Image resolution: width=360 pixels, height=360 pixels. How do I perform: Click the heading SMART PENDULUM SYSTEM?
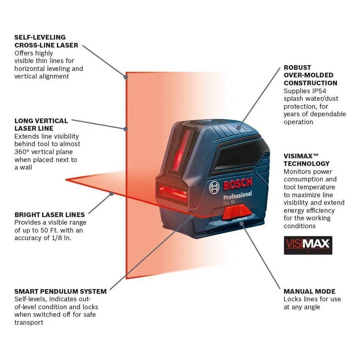[x=60, y=291]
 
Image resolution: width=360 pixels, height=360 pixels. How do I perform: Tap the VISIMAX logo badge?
[x=308, y=245]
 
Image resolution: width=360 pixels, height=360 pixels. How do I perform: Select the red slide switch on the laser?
[x=236, y=212]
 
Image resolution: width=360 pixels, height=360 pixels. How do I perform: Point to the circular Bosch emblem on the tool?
[x=214, y=188]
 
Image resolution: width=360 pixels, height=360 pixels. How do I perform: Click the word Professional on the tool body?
[x=238, y=195]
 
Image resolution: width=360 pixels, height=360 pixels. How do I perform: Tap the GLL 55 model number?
[x=229, y=202]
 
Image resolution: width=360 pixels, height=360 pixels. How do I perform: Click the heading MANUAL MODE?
[x=309, y=291]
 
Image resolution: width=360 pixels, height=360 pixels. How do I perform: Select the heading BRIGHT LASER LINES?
[x=50, y=215]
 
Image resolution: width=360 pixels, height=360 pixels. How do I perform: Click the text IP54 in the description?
[x=319, y=91]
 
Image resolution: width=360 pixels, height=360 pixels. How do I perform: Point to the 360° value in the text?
[x=21, y=152]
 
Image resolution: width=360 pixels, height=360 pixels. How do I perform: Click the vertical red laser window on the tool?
[x=180, y=151]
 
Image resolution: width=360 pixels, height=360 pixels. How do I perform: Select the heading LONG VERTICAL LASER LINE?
[x=41, y=125]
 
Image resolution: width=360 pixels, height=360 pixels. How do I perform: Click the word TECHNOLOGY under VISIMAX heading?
[x=306, y=163]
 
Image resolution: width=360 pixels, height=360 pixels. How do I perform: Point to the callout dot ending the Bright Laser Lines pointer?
[x=111, y=194]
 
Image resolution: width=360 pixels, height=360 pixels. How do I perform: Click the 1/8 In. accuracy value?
[x=62, y=238]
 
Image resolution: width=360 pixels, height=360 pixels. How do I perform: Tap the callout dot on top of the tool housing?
[x=239, y=128]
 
